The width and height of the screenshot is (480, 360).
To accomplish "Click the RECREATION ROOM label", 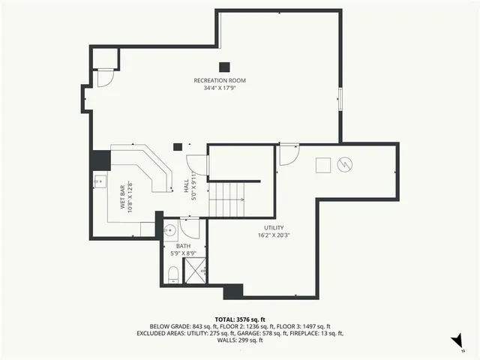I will point(220,80).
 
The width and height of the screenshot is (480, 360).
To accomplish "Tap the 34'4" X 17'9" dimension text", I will point(220,88).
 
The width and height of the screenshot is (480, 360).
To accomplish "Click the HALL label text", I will point(187,185).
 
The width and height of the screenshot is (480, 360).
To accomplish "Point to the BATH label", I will point(184,246).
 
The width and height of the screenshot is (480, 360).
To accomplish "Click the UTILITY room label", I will point(273,227).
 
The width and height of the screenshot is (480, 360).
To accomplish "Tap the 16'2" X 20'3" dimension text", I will point(273,235).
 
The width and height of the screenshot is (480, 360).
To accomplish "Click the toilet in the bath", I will point(172,273).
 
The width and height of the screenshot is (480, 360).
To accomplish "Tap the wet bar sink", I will point(99,181).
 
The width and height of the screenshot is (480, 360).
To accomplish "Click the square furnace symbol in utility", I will point(322,164).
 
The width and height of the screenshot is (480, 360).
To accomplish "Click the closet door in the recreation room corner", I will point(106,76).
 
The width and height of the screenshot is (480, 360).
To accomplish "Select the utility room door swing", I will point(288,154).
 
